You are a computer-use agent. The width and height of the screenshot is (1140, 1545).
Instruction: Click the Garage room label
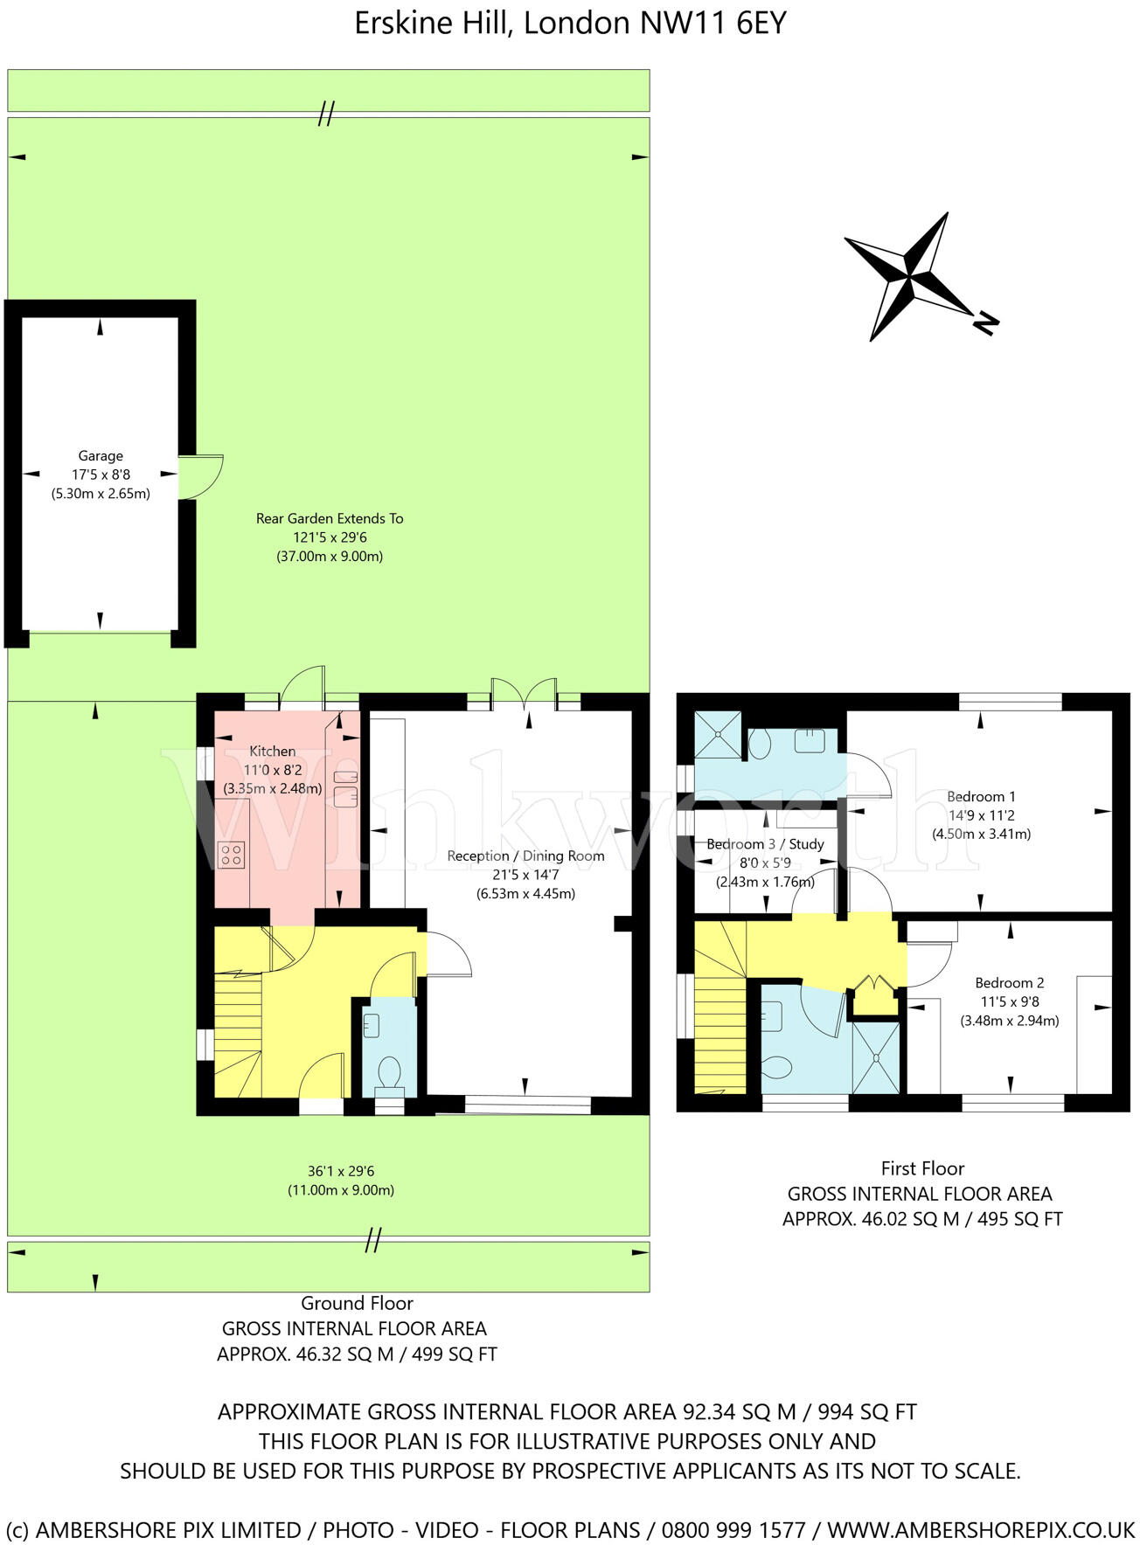[x=101, y=455]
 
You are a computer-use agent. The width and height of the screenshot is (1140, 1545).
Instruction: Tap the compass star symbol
[x=909, y=277]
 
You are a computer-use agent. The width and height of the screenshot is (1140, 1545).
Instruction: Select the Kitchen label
[x=272, y=751]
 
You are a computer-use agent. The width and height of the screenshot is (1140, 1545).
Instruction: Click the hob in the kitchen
[x=232, y=855]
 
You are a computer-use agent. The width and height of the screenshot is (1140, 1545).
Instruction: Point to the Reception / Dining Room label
[x=525, y=856]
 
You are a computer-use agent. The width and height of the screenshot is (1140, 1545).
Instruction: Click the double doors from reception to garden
[x=524, y=695]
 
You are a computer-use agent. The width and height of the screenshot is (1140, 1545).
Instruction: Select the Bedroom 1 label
[x=981, y=796]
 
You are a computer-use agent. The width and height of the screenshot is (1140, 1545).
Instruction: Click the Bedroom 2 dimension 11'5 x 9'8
[x=1009, y=1001]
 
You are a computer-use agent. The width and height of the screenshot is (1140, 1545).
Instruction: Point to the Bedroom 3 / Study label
[x=765, y=843]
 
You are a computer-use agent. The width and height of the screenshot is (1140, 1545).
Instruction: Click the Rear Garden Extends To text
[x=330, y=518]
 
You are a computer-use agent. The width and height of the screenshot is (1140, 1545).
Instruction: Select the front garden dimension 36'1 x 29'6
[x=341, y=1171]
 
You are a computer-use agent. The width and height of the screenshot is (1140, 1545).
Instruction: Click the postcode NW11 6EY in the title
[x=713, y=24]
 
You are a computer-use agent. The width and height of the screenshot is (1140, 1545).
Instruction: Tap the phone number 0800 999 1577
[x=733, y=1529]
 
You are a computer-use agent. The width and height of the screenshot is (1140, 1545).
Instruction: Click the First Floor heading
[x=922, y=1168]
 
